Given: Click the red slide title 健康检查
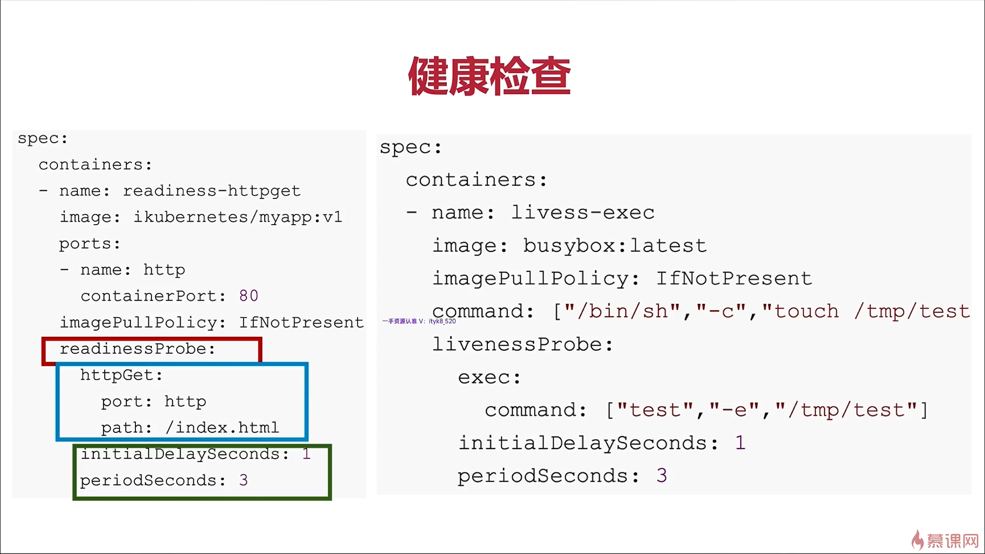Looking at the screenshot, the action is tap(489, 76).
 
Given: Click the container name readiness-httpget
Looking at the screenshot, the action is tap(211, 191).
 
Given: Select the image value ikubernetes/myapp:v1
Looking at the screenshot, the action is tap(238, 217).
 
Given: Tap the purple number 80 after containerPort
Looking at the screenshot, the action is tap(248, 296).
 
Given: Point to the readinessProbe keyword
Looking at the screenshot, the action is tap(137, 349).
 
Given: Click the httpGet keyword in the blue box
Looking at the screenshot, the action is tap(121, 375).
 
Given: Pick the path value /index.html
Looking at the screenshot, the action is tap(222, 428).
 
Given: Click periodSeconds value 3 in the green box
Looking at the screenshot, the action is tap(243, 481).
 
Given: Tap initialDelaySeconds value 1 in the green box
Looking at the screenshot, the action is tap(306, 454).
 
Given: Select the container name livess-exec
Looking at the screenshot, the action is tap(583, 213).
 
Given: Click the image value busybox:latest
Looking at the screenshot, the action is tap(615, 246).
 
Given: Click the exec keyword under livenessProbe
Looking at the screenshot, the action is tap(489, 378).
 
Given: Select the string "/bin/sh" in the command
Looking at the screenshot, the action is tap(622, 311).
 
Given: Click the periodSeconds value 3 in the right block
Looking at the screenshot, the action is tap(662, 476).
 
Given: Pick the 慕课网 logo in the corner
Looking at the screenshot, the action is tap(945, 541).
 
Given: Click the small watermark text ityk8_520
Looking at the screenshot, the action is tap(442, 322).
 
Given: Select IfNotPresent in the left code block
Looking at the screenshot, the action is tap(301, 323).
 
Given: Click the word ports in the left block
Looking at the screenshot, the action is tap(89, 244).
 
